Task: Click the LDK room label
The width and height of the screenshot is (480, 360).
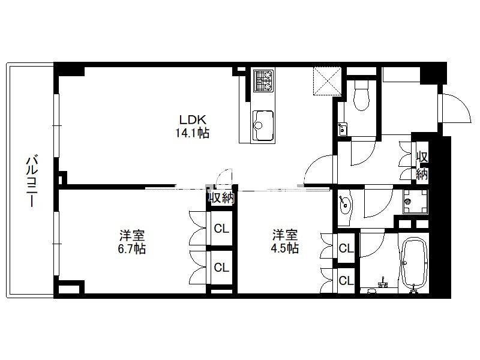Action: click(193, 119)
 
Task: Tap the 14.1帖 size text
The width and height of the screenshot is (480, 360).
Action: click(192, 133)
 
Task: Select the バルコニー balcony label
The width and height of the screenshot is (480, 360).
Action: click(32, 182)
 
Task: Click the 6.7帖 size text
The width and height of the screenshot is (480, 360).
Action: click(131, 248)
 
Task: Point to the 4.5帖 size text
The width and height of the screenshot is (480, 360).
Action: click(284, 248)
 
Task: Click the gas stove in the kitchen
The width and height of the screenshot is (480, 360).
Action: click(263, 80)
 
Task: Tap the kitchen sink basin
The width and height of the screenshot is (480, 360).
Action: click(263, 125)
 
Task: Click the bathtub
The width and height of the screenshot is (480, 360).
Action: click(414, 265)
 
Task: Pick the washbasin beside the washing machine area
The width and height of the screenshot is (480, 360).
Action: click(345, 203)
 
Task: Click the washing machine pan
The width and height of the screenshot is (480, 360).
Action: click(415, 202)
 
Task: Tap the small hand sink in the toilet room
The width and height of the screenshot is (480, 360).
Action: click(342, 129)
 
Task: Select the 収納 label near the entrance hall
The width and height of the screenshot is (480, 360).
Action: click(422, 166)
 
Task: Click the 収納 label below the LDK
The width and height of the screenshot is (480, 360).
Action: click(221, 198)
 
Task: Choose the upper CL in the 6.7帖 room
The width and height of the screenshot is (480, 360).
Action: click(221, 229)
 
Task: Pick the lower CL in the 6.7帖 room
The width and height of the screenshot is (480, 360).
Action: click(221, 268)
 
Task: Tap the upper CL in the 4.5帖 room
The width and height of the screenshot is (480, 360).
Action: click(346, 248)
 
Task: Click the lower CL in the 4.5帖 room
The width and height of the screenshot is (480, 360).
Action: click(346, 280)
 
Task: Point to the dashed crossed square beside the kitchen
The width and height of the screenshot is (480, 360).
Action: click(327, 81)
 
